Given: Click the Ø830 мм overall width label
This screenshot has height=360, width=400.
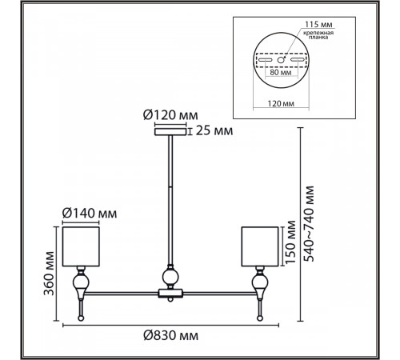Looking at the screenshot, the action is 170,335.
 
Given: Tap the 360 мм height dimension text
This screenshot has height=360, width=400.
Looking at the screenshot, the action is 49,274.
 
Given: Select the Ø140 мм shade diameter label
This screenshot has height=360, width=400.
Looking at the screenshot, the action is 90,214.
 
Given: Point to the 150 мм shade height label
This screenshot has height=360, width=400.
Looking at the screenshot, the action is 290,242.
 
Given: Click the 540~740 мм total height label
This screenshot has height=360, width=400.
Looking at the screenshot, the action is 309,224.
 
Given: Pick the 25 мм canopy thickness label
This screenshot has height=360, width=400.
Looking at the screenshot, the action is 214,131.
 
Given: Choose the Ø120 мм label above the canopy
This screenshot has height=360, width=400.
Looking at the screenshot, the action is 170,115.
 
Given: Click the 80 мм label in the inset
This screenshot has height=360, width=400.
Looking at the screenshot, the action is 281,72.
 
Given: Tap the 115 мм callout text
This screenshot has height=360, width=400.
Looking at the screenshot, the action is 318,24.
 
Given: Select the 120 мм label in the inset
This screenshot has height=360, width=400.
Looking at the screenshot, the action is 281,103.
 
